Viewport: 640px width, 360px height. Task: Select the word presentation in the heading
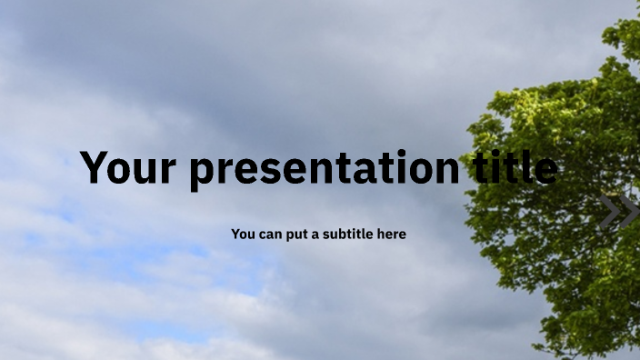tap(325, 170)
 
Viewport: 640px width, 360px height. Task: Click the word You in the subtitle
tap(243, 235)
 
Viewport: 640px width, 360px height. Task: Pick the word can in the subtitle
tap(272, 235)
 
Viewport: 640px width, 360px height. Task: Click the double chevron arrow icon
tap(619, 213)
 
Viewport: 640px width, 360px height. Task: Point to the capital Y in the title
tap(96, 168)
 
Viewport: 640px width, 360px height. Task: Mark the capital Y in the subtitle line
tap(235, 235)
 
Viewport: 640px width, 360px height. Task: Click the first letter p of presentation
tap(205, 173)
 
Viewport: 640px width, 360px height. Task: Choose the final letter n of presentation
tap(445, 170)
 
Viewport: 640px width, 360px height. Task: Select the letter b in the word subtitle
tap(347, 234)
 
